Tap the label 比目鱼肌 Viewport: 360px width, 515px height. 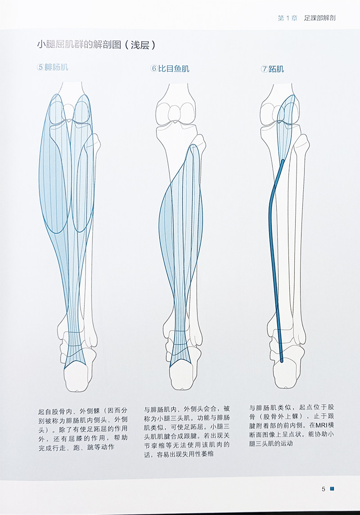click(174, 68)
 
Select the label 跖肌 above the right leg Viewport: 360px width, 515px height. click(276, 69)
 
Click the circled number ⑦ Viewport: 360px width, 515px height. click(264, 69)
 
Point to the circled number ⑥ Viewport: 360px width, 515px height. click(154, 68)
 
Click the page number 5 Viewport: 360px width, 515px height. click(323, 489)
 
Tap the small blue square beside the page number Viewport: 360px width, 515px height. click(332, 489)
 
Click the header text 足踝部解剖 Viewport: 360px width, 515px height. click(320, 18)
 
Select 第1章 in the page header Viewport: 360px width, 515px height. click(287, 18)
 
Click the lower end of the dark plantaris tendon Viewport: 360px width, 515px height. click(281, 359)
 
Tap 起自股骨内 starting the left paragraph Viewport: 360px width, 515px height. click(56, 411)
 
